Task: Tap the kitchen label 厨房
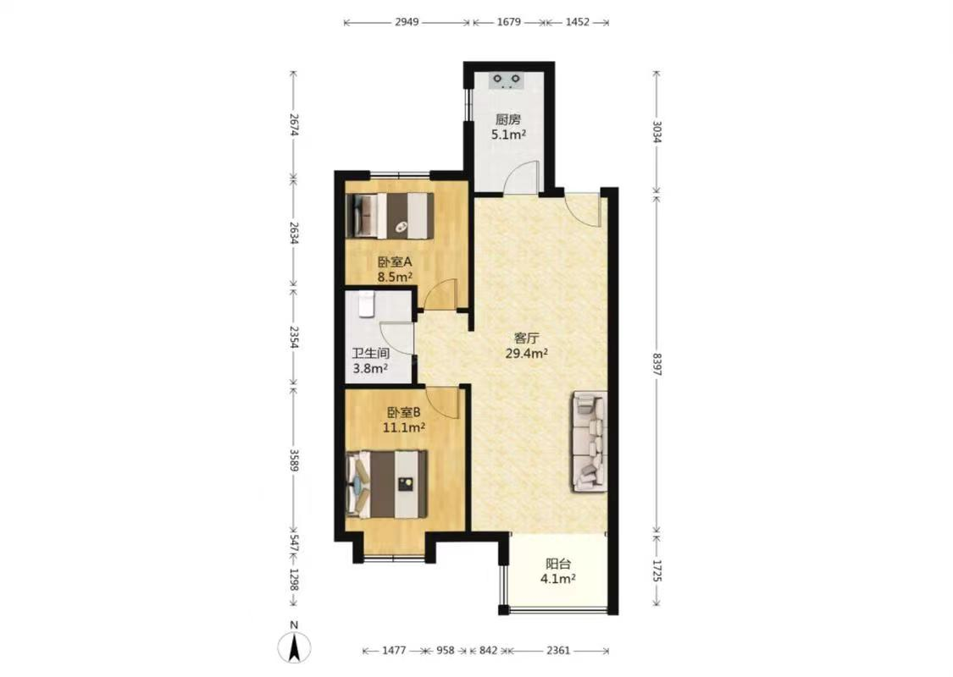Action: click(x=508, y=119)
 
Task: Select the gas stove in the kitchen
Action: click(x=507, y=80)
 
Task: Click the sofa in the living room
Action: click(x=589, y=441)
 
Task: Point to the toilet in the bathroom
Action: click(x=366, y=304)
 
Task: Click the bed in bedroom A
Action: click(x=390, y=216)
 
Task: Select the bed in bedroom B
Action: click(x=386, y=484)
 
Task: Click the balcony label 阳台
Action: click(x=558, y=564)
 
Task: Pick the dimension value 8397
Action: click(x=657, y=364)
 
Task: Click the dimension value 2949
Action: click(x=407, y=22)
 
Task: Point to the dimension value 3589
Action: click(x=294, y=461)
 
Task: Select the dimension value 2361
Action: click(x=558, y=650)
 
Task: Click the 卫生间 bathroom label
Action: click(x=371, y=354)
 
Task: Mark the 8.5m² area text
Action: click(x=395, y=278)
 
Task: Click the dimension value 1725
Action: click(x=657, y=570)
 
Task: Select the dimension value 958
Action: click(x=446, y=650)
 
